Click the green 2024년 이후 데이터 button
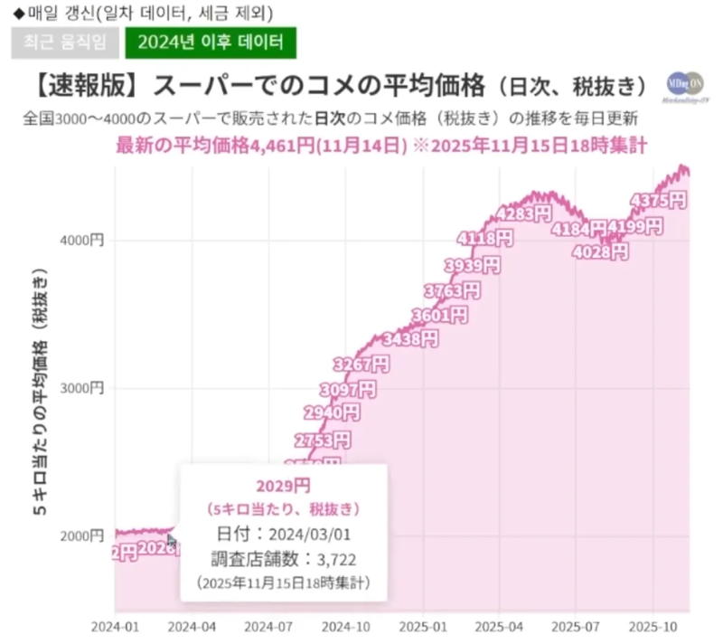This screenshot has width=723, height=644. click(x=211, y=42)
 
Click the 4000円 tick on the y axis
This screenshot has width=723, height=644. click(x=87, y=240)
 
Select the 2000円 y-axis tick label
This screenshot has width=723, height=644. click(x=87, y=535)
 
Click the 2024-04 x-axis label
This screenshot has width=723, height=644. click(x=192, y=625)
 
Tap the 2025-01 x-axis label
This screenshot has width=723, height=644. click(x=422, y=625)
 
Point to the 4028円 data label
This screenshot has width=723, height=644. click(x=599, y=251)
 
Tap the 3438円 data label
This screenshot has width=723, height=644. click(x=410, y=339)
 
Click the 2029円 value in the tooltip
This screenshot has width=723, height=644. click(x=283, y=485)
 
